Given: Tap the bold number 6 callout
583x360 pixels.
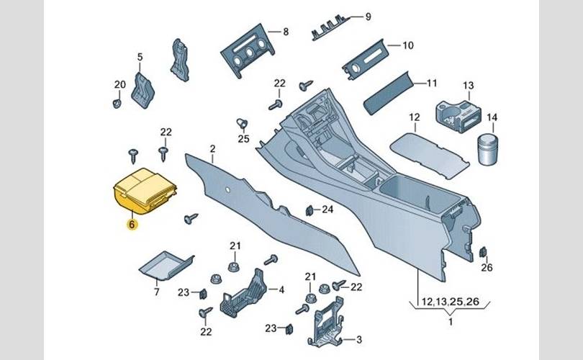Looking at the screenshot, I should (131, 224).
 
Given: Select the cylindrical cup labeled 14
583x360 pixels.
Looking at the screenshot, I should (487, 149).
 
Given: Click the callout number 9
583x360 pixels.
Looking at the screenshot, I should (367, 17).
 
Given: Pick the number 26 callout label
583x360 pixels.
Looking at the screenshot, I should (487, 269).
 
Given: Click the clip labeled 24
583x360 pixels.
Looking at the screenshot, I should (309, 211).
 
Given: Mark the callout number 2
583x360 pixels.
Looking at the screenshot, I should (213, 150).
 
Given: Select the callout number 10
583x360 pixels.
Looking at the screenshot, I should (407, 45).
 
